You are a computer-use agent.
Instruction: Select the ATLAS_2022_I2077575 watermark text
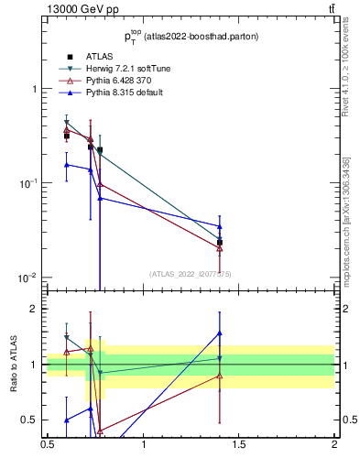click(x=191, y=273)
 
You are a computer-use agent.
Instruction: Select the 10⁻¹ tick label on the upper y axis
click(x=29, y=183)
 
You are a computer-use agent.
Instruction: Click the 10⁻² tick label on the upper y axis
click(x=29, y=278)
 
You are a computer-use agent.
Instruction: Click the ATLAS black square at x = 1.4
click(x=220, y=243)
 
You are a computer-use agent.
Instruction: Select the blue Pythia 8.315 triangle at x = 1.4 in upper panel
click(x=220, y=226)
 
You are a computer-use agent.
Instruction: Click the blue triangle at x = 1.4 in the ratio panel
click(x=220, y=333)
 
